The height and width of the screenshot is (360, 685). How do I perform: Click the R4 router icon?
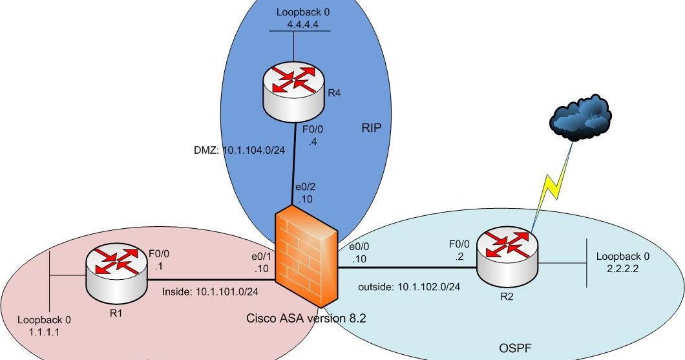coord(294,87)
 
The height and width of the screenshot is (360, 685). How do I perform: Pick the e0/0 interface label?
coord(359,248)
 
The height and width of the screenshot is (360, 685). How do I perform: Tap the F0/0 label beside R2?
coord(458,245)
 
